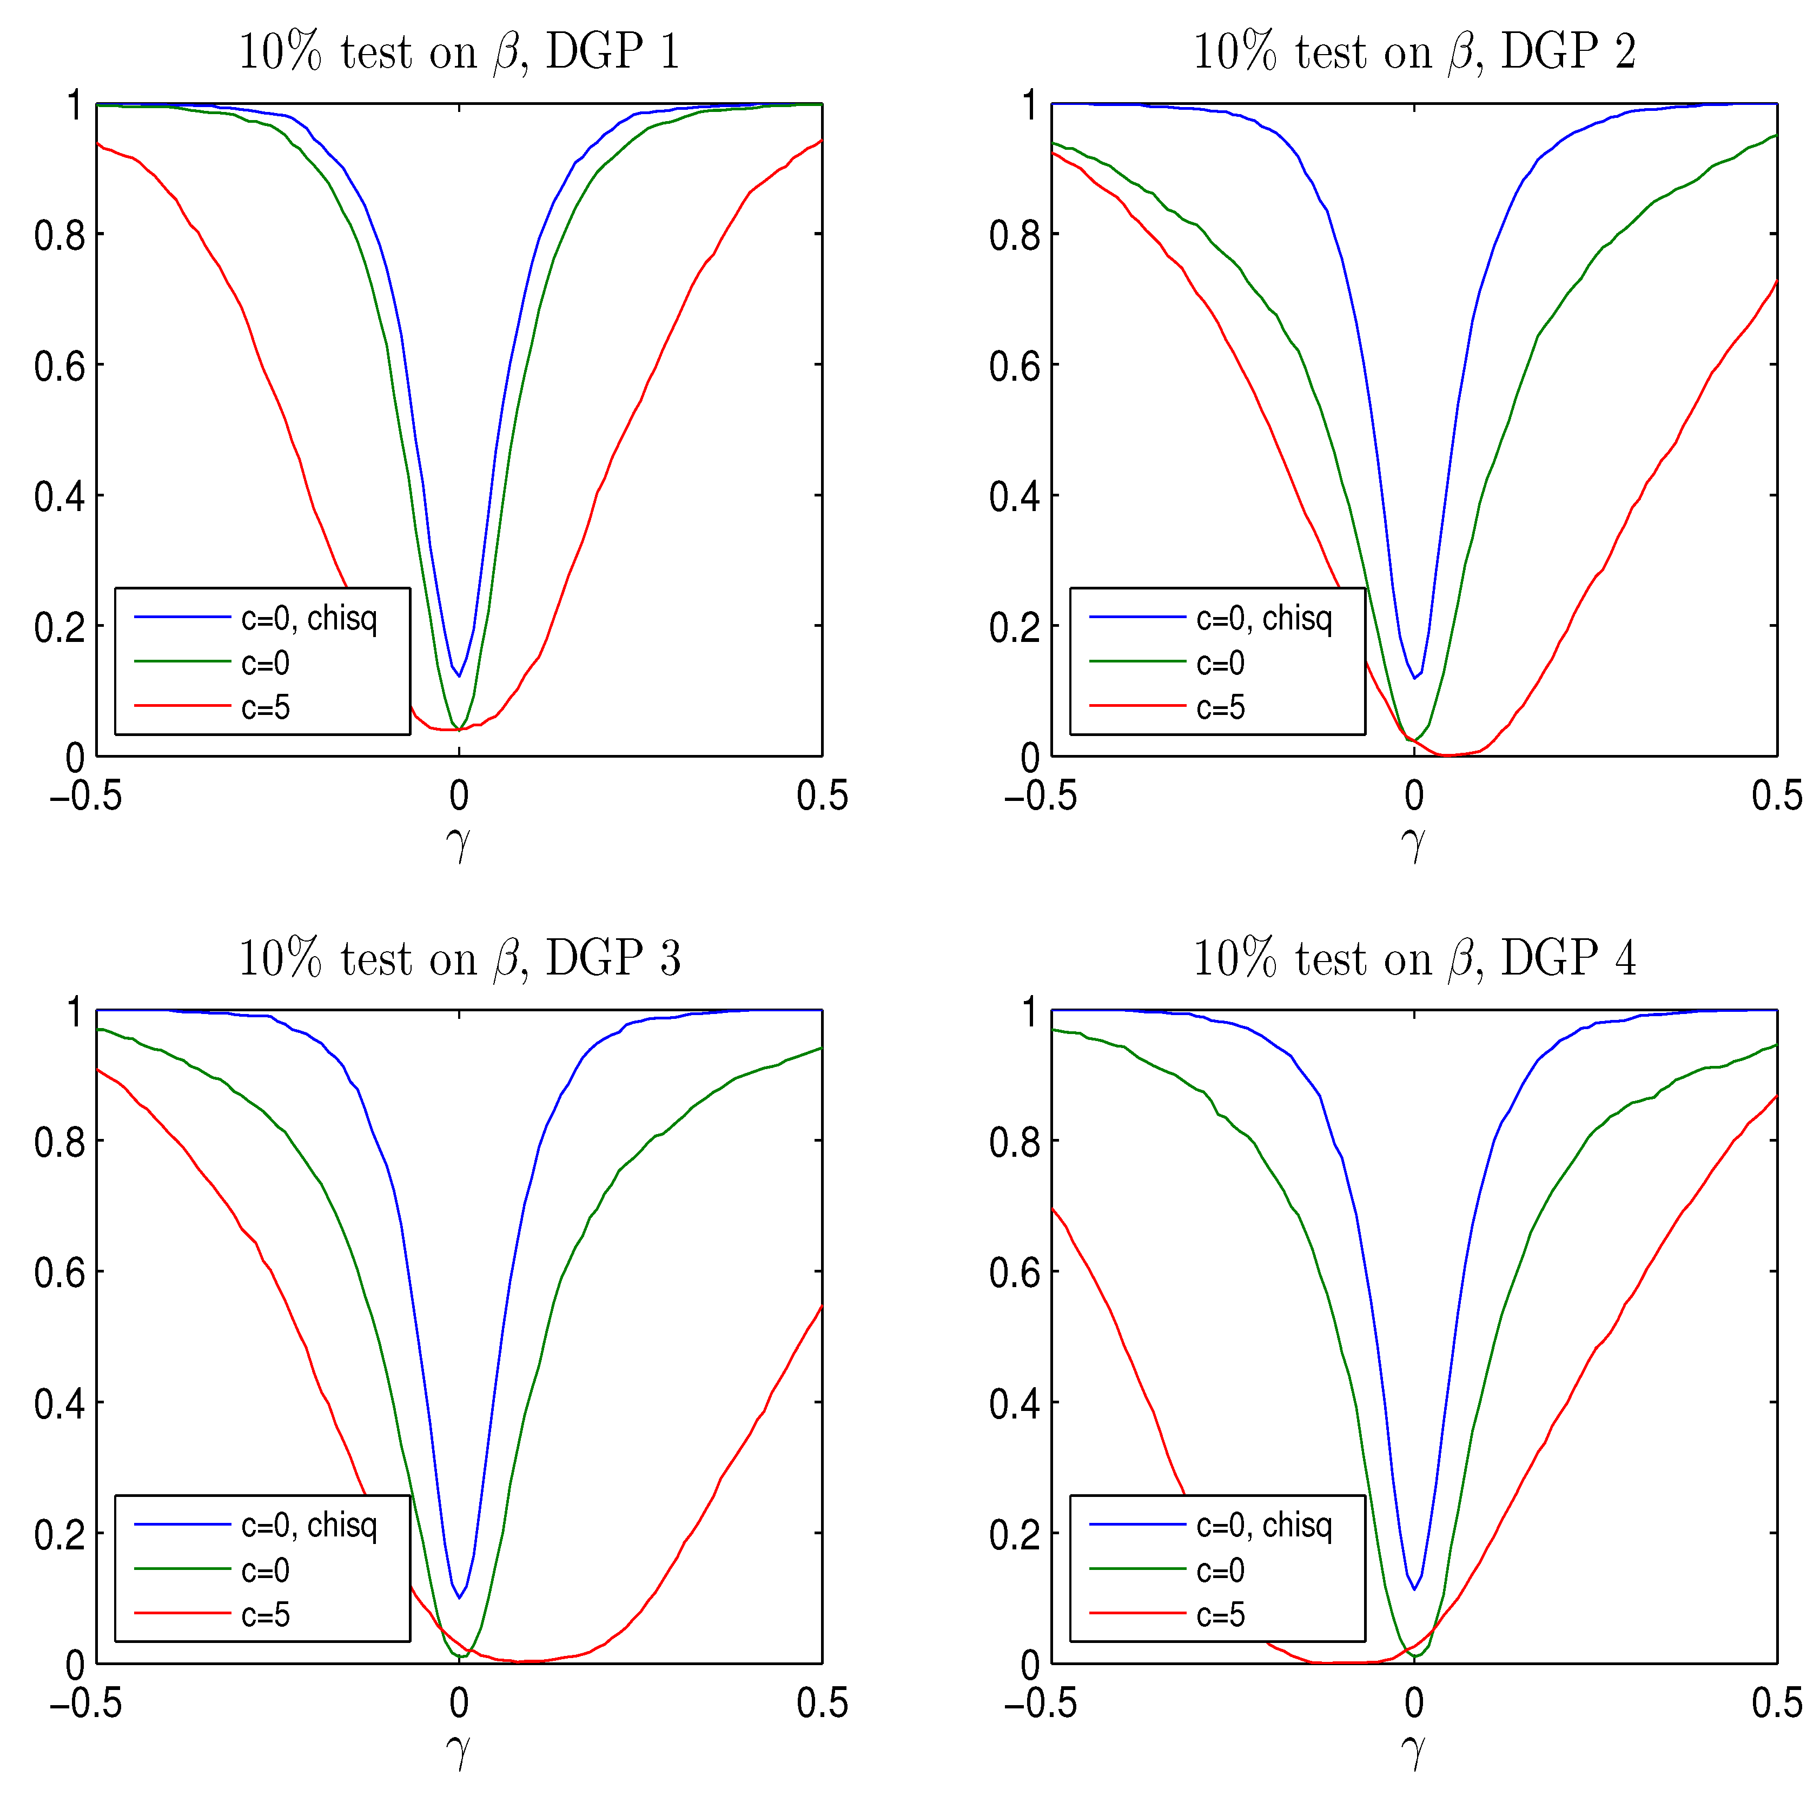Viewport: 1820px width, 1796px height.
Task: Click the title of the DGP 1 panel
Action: coord(459,52)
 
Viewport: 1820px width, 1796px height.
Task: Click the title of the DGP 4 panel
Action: coord(1414,959)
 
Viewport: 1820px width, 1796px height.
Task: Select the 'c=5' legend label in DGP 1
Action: coord(266,707)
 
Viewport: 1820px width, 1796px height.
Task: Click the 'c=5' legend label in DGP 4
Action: coord(1220,1615)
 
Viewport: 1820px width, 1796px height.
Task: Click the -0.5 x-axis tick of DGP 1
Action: coord(85,797)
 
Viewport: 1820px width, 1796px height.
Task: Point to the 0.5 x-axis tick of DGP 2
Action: coord(1776,797)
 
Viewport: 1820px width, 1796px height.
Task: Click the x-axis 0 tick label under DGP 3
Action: coord(459,1704)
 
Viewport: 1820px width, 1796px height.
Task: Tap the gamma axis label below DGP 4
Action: coord(1413,1752)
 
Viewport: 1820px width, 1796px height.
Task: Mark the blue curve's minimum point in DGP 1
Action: coord(459,675)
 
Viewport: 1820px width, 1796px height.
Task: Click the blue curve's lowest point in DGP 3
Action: coord(459,1598)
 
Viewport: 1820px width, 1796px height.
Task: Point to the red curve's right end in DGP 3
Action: coord(822,1306)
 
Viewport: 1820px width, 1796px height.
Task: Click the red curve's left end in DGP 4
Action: coord(1052,1208)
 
